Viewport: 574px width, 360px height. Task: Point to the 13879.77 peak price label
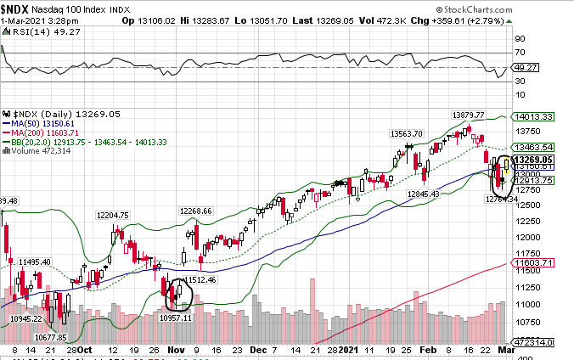click(x=468, y=115)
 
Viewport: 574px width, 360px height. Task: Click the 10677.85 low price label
click(x=52, y=337)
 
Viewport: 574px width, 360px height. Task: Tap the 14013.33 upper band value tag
click(x=537, y=117)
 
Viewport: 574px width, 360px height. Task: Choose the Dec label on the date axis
click(x=262, y=349)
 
